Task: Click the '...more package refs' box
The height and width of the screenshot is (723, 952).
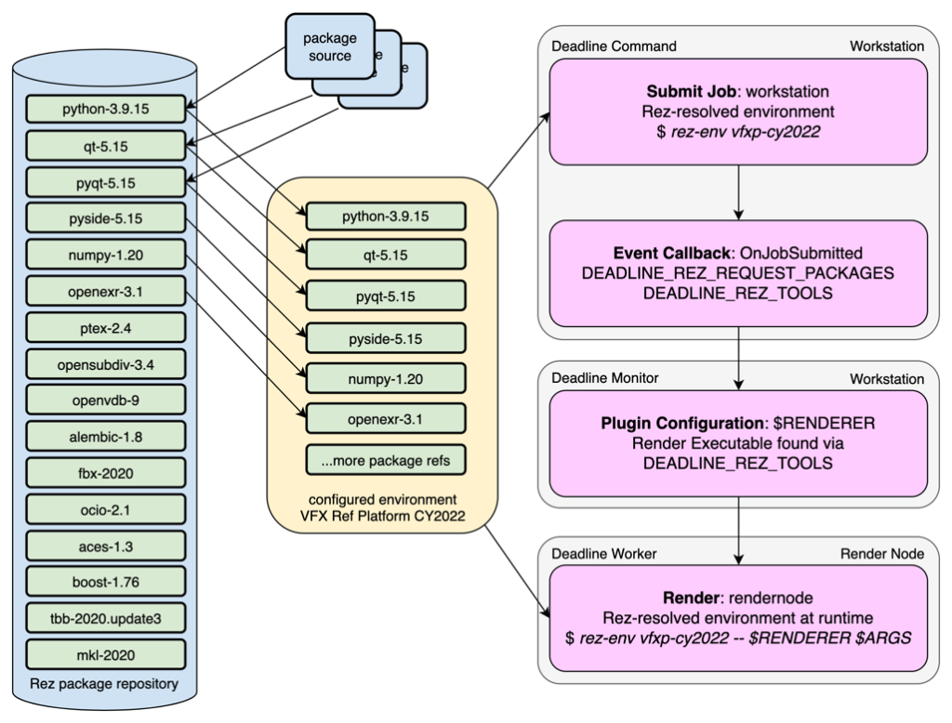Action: click(385, 460)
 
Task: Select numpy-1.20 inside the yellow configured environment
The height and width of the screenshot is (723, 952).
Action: click(385, 377)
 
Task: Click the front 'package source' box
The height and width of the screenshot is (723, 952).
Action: click(327, 47)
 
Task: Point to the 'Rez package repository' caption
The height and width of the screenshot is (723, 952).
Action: click(105, 684)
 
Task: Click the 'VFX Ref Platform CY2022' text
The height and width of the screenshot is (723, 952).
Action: click(384, 516)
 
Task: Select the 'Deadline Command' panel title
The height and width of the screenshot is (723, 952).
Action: click(614, 46)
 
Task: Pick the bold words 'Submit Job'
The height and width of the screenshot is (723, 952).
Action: click(687, 93)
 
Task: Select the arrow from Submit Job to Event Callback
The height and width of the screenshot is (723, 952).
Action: click(738, 192)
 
